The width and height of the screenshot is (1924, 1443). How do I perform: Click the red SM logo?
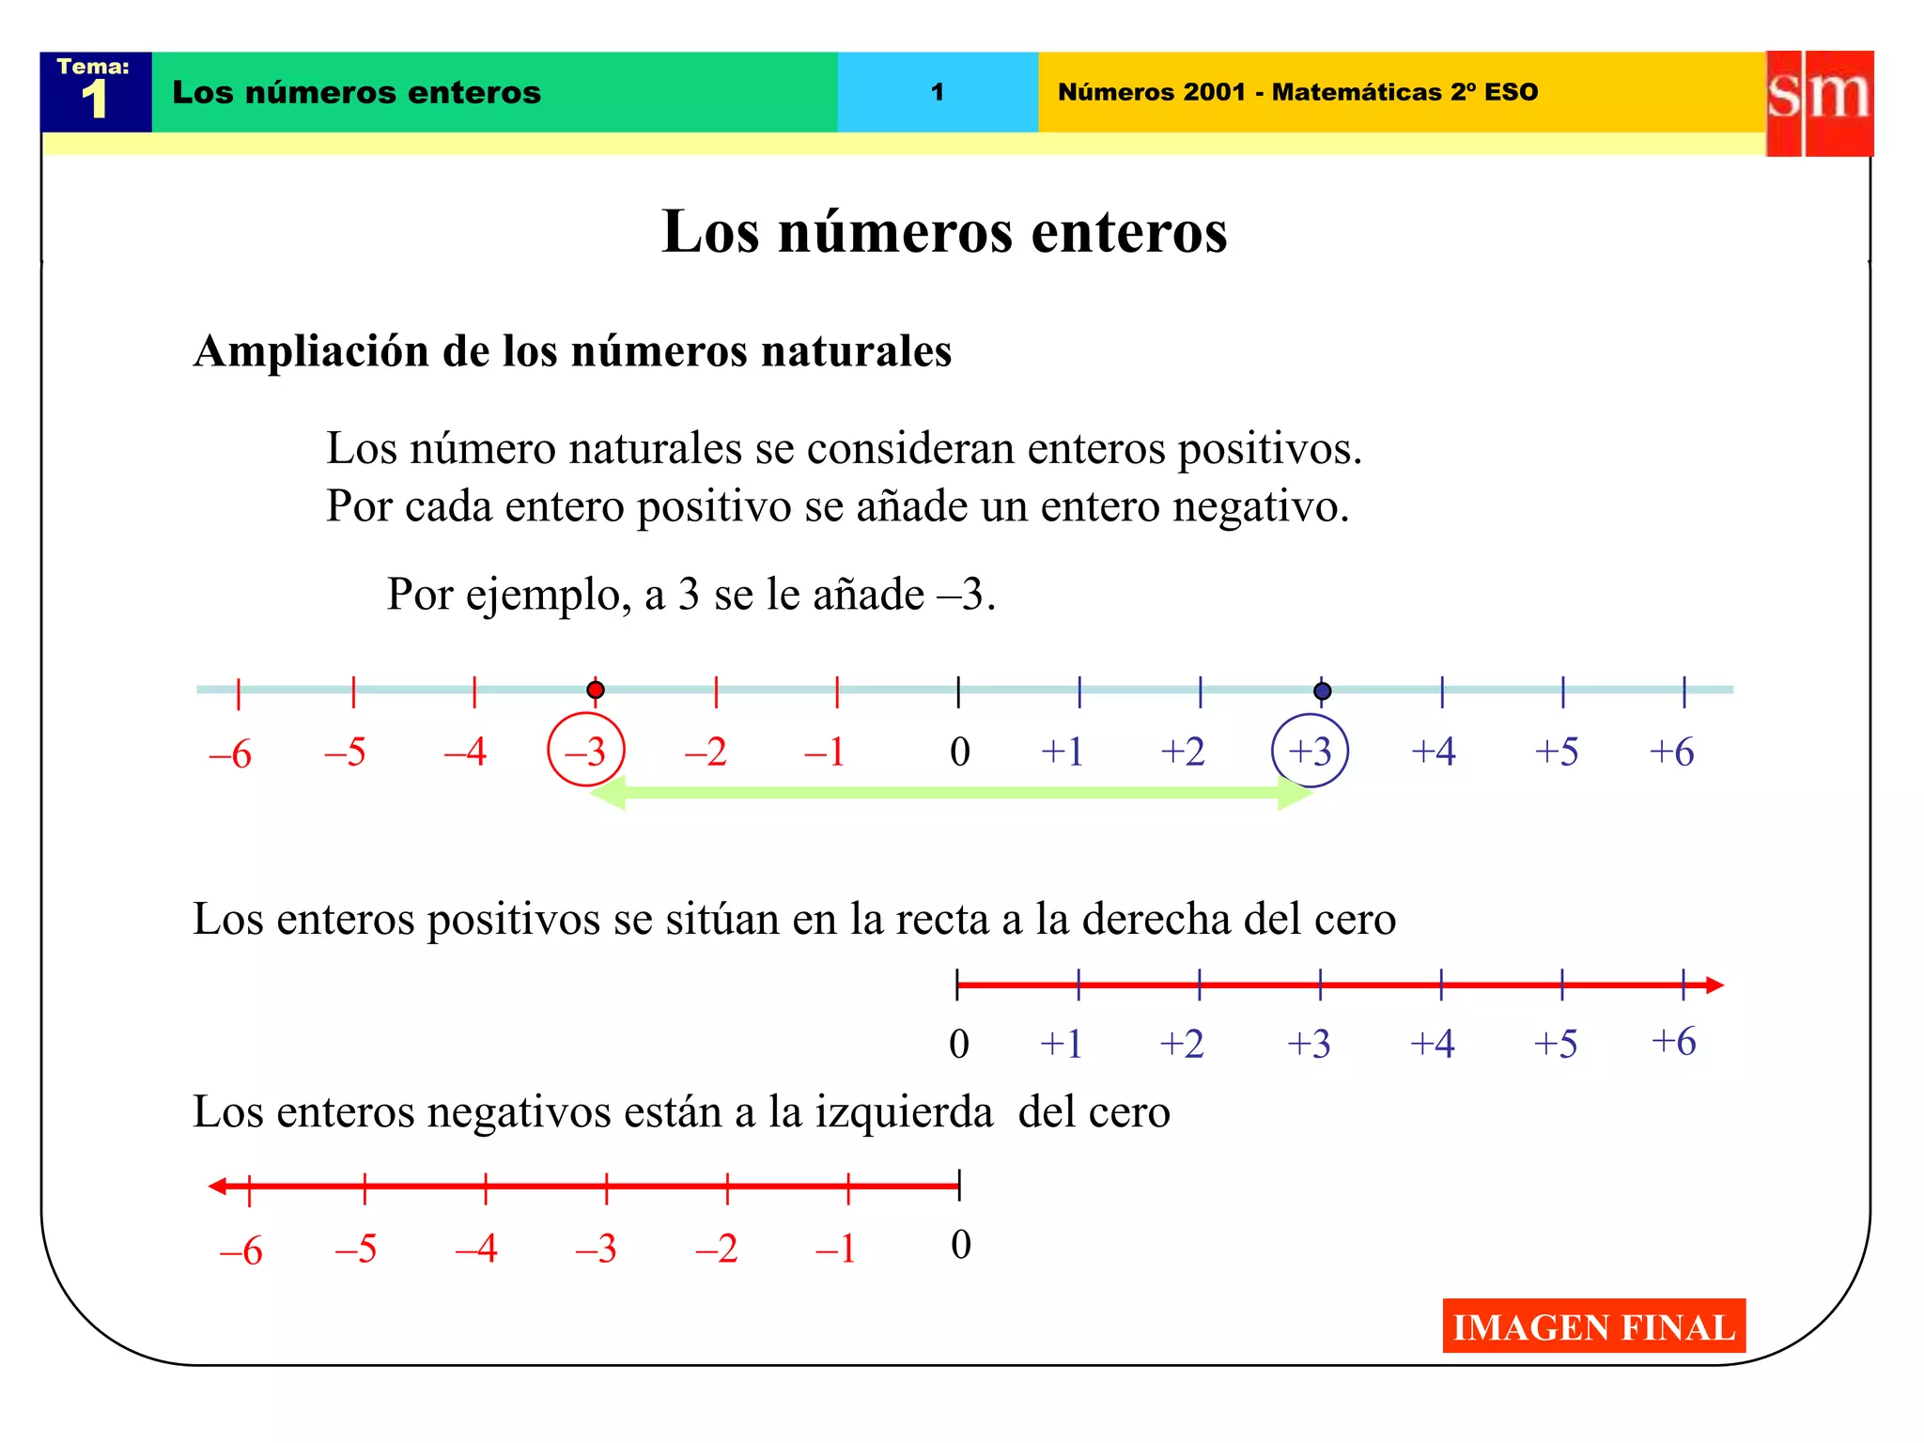[x=1819, y=102]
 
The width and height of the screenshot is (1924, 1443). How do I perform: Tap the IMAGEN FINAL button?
[x=1593, y=1326]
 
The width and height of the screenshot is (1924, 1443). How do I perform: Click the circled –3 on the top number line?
[x=586, y=751]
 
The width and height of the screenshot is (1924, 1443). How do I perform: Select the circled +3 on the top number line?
[x=1310, y=751]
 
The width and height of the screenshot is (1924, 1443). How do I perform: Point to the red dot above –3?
[x=595, y=690]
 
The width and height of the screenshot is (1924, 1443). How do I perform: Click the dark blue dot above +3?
[x=1322, y=691]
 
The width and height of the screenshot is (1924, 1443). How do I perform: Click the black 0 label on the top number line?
[x=959, y=752]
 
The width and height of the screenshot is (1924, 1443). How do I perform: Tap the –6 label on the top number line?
[x=230, y=753]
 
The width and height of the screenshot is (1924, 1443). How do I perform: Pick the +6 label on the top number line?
[x=1671, y=752]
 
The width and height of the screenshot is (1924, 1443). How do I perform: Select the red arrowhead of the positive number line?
[x=1715, y=985]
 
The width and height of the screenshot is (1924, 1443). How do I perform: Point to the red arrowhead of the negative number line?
[x=217, y=1187]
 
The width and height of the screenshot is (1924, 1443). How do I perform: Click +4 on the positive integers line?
[x=1432, y=1044]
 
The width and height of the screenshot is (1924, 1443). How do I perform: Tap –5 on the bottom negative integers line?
[x=356, y=1249]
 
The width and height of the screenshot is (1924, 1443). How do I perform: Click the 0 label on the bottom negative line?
[x=960, y=1245]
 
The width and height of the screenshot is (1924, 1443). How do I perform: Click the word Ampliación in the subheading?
[x=311, y=351]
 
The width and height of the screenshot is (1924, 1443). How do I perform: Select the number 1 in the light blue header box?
[x=937, y=92]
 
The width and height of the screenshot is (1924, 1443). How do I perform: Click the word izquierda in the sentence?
[x=904, y=1112]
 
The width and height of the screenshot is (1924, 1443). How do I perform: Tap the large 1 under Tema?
[x=94, y=100]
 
